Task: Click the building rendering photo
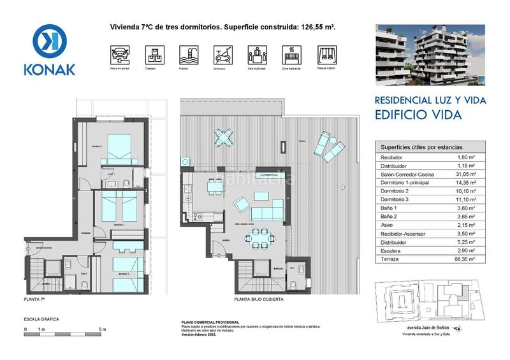coord(430,55)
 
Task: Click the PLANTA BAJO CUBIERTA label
coord(258,298)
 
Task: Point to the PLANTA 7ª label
coord(34,298)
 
